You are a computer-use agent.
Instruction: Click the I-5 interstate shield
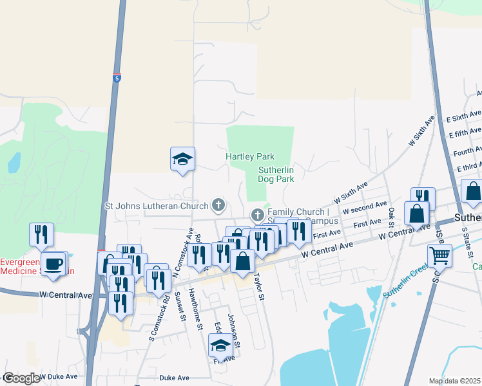pyautogui.click(x=117, y=77)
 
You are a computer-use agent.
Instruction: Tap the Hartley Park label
pyautogui.click(x=250, y=156)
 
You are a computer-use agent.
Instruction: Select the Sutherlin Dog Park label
pyautogui.click(x=276, y=174)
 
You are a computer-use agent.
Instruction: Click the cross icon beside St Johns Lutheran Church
pyautogui.click(x=218, y=206)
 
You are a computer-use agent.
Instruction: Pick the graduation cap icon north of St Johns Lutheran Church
pyautogui.click(x=182, y=158)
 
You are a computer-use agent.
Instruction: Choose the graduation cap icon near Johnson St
pyautogui.click(x=220, y=345)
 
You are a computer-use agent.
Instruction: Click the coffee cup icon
pyautogui.click(x=54, y=263)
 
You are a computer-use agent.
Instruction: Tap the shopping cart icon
pyautogui.click(x=439, y=255)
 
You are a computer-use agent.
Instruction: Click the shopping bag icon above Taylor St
pyautogui.click(x=242, y=261)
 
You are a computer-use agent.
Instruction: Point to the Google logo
pyautogui.click(x=21, y=378)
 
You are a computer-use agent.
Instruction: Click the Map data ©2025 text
pyautogui.click(x=454, y=381)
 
